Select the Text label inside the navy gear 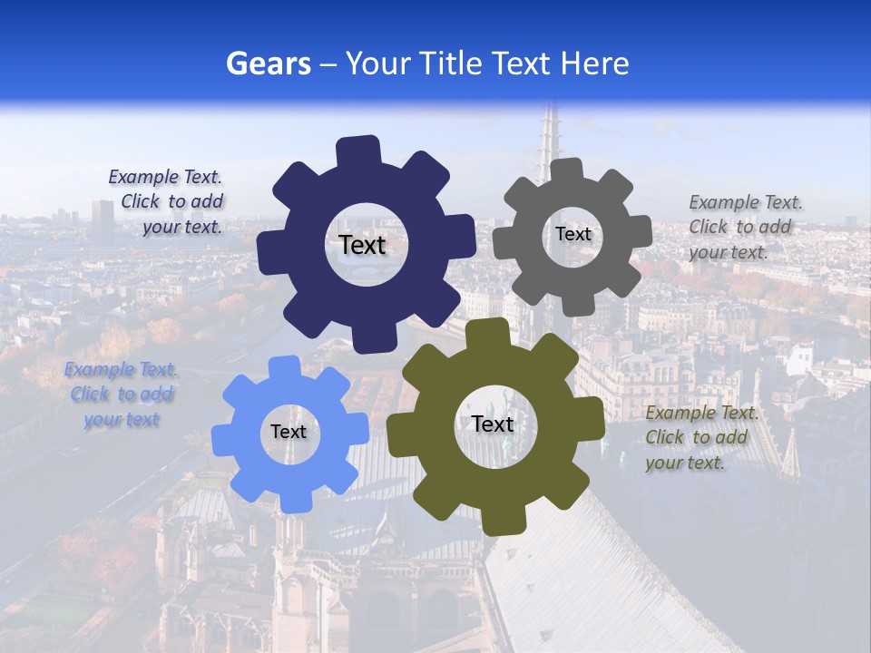(x=362, y=245)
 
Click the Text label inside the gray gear (x=573, y=234)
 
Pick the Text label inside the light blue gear (x=289, y=432)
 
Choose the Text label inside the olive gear (x=493, y=424)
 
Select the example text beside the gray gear (x=744, y=227)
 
